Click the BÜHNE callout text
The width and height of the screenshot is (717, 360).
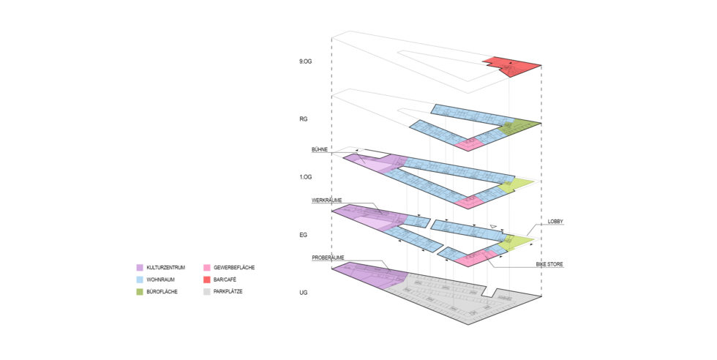click(320, 149)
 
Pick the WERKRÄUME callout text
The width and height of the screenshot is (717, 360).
click(327, 199)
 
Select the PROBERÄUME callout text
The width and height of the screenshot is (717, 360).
click(328, 258)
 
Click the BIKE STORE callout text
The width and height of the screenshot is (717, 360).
click(560, 263)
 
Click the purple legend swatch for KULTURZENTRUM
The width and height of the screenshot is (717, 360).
click(139, 269)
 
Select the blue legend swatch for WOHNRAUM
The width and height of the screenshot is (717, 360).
click(139, 280)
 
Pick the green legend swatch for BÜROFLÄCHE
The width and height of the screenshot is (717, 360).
click(139, 292)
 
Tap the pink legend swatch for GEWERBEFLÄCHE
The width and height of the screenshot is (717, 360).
click(209, 269)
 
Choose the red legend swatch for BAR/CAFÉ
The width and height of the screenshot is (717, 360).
click(209, 280)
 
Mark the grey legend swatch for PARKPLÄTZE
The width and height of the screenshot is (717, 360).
click(209, 292)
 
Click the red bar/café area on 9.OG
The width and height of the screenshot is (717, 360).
click(512, 65)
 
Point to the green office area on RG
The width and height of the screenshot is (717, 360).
click(520, 126)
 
